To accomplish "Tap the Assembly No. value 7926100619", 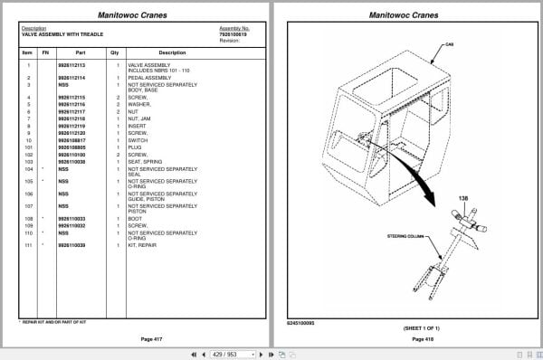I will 234,34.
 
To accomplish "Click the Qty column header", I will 115,52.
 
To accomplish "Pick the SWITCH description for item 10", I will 138,140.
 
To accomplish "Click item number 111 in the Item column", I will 28,246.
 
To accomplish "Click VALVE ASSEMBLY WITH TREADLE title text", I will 61,34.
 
